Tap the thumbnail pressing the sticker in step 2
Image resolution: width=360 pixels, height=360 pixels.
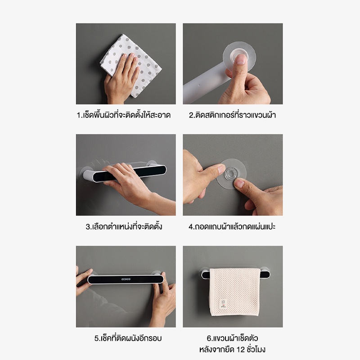click(241, 59)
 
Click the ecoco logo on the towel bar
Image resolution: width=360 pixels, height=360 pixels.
click(126, 279)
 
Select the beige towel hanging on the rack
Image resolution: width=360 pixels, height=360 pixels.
click(234, 292)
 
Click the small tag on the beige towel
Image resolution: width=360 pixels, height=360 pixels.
click(223, 304)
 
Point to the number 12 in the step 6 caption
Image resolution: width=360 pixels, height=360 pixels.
click(241, 350)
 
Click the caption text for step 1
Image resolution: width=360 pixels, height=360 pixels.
click(123, 115)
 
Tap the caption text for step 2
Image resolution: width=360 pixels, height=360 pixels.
click(232, 115)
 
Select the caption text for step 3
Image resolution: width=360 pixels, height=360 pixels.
click(124, 226)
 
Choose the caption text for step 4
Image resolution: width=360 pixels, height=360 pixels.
click(232, 226)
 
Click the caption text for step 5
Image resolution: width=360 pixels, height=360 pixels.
click(128, 338)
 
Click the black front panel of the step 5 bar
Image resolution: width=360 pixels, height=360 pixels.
click(126, 279)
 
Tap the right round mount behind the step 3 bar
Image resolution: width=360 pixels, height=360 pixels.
click(152, 163)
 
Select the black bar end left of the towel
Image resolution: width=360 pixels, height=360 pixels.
click(206, 274)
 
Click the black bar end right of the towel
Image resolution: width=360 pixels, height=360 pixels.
click(265, 274)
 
